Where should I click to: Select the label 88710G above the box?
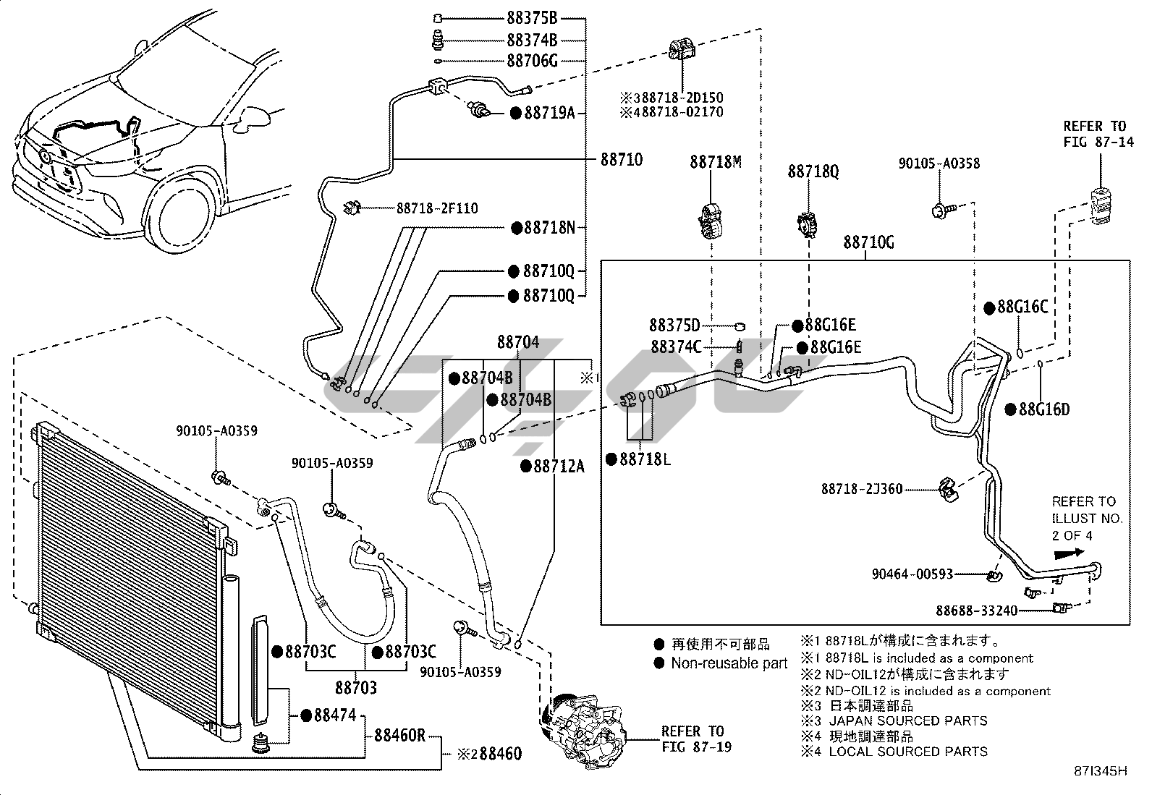pos(868,243)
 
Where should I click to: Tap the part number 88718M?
pos(715,162)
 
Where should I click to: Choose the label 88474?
pos(334,715)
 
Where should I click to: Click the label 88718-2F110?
pos(437,208)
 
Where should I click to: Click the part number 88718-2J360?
pos(862,489)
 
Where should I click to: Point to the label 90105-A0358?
pos(939,163)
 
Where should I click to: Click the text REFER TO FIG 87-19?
pos(693,739)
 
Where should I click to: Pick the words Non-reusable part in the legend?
pos(729,663)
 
